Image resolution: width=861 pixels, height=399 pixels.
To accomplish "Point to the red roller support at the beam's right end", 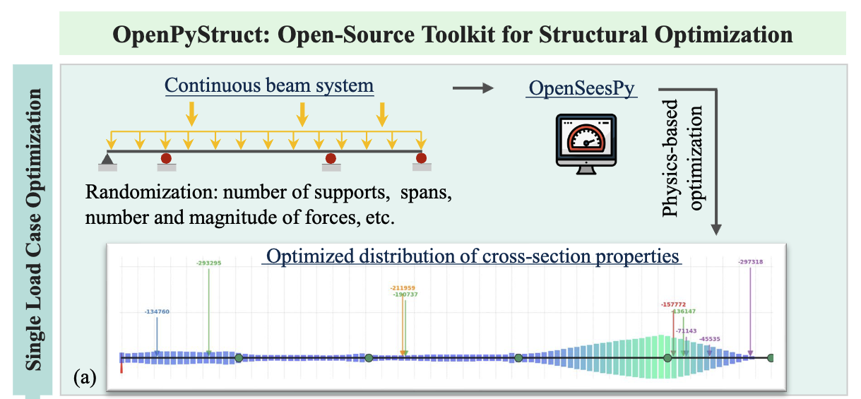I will click(422, 157).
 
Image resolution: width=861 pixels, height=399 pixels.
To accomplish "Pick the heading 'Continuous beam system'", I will click(269, 86).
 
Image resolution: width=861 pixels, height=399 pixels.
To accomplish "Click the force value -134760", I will click(157, 311).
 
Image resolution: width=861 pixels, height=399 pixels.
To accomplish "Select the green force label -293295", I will click(208, 263).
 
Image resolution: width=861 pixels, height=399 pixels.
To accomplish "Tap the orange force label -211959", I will click(403, 287).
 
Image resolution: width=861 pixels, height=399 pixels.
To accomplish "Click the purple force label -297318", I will click(750, 261).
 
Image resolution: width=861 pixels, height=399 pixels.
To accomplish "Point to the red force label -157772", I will click(673, 304).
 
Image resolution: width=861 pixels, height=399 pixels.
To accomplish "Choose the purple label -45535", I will click(710, 339).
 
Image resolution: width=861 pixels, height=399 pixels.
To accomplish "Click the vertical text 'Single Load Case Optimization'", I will click(35, 230).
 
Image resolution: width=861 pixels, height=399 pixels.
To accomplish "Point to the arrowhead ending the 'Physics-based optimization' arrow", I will click(717, 229).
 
